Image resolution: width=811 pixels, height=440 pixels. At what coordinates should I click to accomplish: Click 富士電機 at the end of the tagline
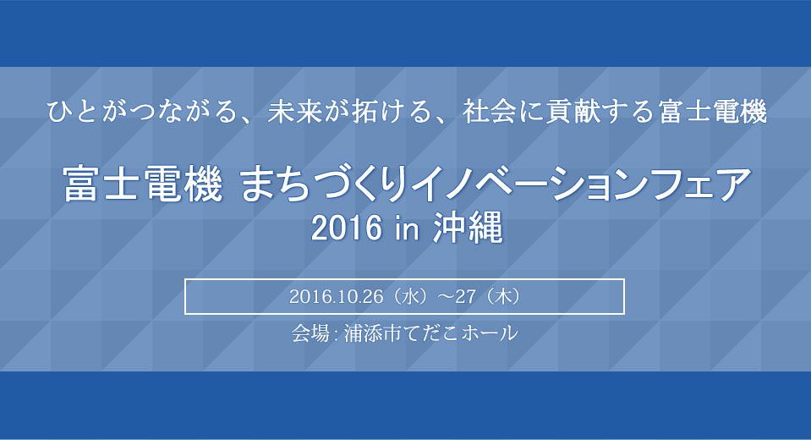click(712, 112)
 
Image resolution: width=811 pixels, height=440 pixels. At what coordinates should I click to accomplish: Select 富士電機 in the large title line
click(143, 184)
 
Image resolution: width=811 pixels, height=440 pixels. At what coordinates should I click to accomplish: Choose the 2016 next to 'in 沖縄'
click(347, 228)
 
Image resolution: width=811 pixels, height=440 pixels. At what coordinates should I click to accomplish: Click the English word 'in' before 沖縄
click(407, 228)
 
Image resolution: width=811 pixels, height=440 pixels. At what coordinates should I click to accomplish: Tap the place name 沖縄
click(468, 228)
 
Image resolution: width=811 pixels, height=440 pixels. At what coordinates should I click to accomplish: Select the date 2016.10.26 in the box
click(337, 297)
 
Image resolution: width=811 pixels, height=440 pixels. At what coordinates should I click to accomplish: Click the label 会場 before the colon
click(310, 333)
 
